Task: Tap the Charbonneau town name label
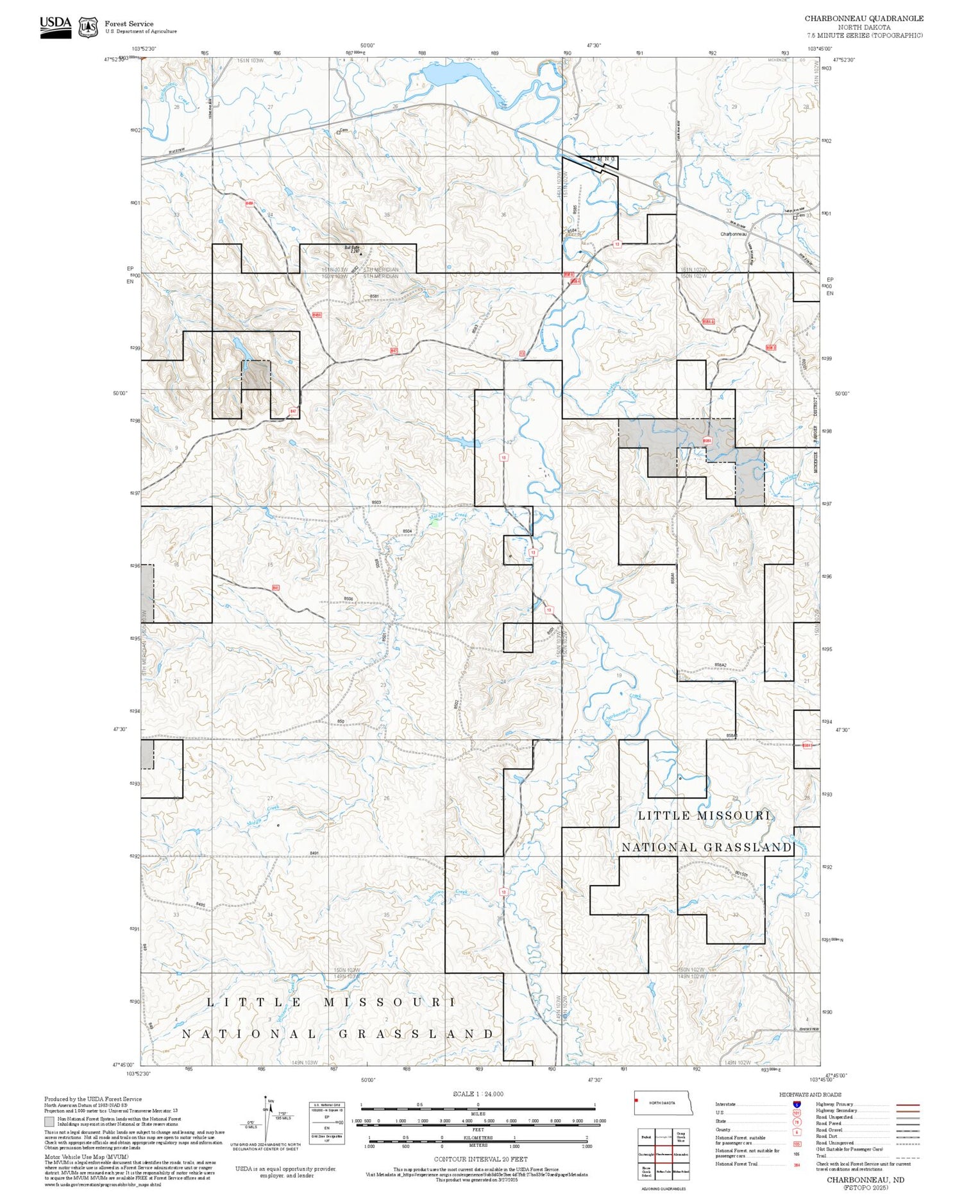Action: tap(733, 234)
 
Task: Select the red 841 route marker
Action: tap(275, 587)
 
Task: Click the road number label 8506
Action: tap(348, 599)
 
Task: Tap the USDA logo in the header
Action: tap(56, 27)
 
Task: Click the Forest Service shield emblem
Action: tap(88, 28)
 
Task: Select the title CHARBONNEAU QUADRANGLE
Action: tap(864, 19)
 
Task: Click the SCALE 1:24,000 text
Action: tap(478, 1094)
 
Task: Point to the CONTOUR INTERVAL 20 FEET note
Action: tap(480, 1159)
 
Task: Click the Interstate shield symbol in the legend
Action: tap(797, 1104)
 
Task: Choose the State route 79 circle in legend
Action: tap(797, 1122)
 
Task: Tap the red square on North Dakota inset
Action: tap(636, 1101)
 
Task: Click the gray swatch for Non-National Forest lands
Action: tap(49, 1122)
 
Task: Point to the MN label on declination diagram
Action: tap(271, 1101)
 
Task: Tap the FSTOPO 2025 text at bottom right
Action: tap(865, 1188)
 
